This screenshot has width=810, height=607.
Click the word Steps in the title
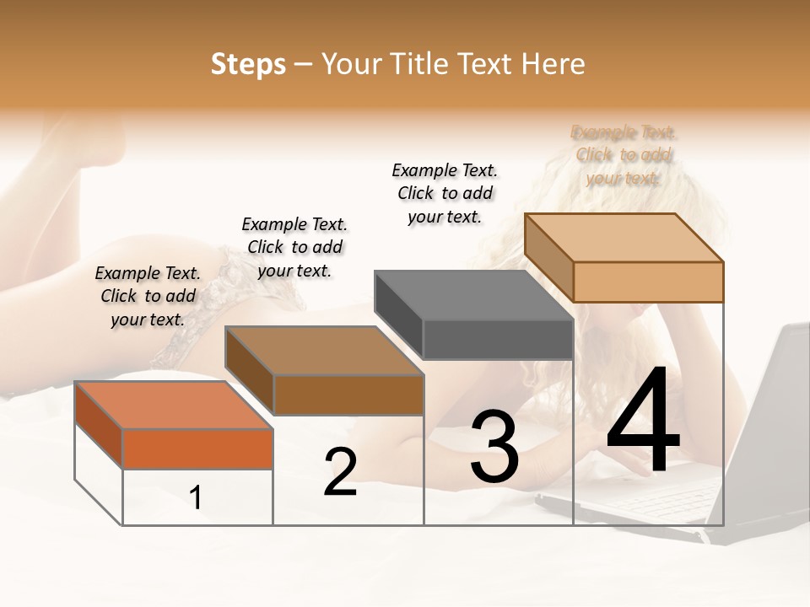(x=248, y=64)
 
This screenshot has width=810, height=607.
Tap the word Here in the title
(x=553, y=64)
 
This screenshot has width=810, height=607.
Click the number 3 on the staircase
(x=494, y=447)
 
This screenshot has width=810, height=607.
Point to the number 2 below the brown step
(x=340, y=472)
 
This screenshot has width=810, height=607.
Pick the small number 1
(x=196, y=497)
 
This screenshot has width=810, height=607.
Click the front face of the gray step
(x=498, y=340)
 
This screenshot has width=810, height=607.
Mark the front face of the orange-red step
(x=197, y=449)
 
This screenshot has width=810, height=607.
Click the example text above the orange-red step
(x=148, y=296)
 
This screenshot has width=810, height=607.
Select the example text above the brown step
(x=294, y=247)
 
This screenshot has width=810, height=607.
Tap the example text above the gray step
(x=445, y=193)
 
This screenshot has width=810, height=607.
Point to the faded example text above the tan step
(x=624, y=155)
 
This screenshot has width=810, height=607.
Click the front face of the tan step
(x=648, y=282)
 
